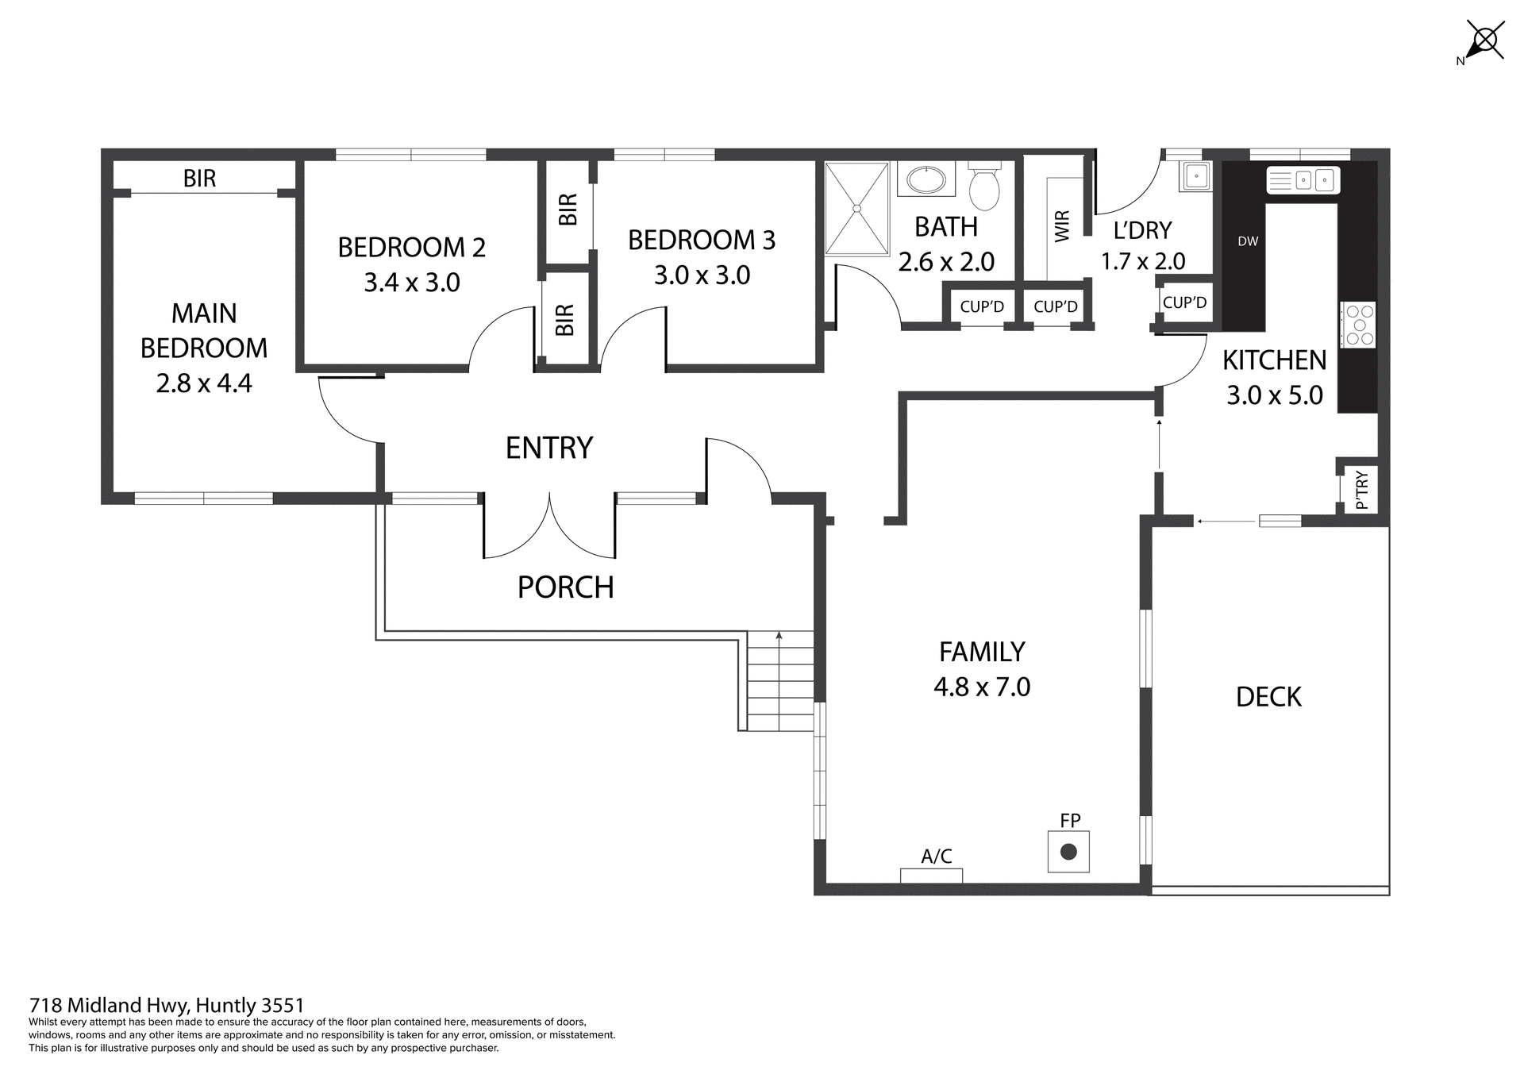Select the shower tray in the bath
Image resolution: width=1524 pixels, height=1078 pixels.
click(x=856, y=209)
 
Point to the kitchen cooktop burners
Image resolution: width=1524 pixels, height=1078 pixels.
click(x=1358, y=325)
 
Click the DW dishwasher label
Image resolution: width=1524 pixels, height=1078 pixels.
click(x=1248, y=241)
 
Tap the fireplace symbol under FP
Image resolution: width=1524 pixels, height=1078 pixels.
click(x=1068, y=852)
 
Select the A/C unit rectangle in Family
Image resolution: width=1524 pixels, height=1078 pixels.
click(x=931, y=876)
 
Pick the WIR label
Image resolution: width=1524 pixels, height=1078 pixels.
click(x=1062, y=226)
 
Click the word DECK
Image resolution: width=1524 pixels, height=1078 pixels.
click(x=1268, y=697)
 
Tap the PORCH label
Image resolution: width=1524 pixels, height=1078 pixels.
click(x=565, y=587)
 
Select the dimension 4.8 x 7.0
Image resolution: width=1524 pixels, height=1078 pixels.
click(x=982, y=687)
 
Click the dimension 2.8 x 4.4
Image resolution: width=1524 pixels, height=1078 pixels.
click(x=204, y=383)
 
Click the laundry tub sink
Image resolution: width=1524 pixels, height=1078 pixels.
click(x=1195, y=176)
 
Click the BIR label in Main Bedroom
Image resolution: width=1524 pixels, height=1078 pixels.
click(x=199, y=179)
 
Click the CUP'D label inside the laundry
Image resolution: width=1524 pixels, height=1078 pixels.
click(x=1184, y=302)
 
